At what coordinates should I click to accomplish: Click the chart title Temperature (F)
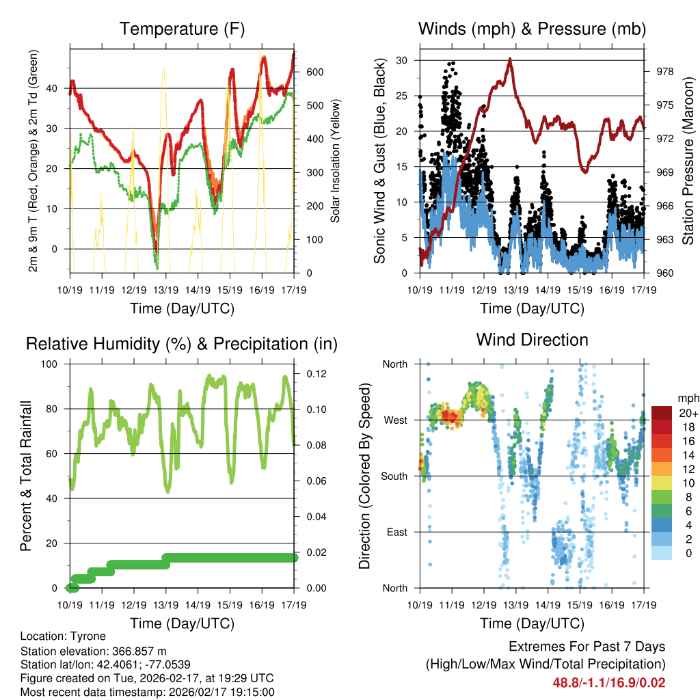click(x=182, y=29)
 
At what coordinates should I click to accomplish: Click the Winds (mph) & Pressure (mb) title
click(x=532, y=29)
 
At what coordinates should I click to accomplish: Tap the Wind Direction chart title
click(x=532, y=339)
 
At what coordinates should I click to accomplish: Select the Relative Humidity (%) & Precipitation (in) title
click(x=182, y=343)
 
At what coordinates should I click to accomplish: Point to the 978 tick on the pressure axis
click(x=665, y=72)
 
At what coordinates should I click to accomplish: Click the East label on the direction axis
click(x=396, y=532)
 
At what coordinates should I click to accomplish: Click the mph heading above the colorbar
click(x=687, y=398)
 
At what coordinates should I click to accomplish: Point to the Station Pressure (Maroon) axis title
click(x=688, y=161)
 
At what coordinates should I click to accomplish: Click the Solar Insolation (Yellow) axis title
click(x=336, y=161)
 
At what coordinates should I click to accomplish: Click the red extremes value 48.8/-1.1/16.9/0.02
click(x=609, y=682)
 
